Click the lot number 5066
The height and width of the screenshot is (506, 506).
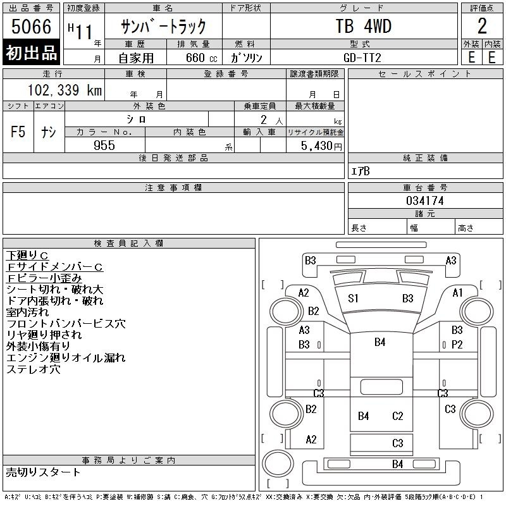click(31, 27)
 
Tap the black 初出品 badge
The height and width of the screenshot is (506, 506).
click(31, 52)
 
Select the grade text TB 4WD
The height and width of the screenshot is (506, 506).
click(364, 26)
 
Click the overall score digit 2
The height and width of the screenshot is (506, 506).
click(482, 26)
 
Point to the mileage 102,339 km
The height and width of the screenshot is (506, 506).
click(65, 90)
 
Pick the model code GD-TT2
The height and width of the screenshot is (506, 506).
click(362, 58)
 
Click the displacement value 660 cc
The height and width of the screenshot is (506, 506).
click(202, 58)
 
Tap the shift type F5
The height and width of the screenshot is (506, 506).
click(18, 132)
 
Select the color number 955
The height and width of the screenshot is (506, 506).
click(104, 145)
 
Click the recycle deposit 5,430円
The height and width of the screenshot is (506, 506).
click(321, 146)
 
